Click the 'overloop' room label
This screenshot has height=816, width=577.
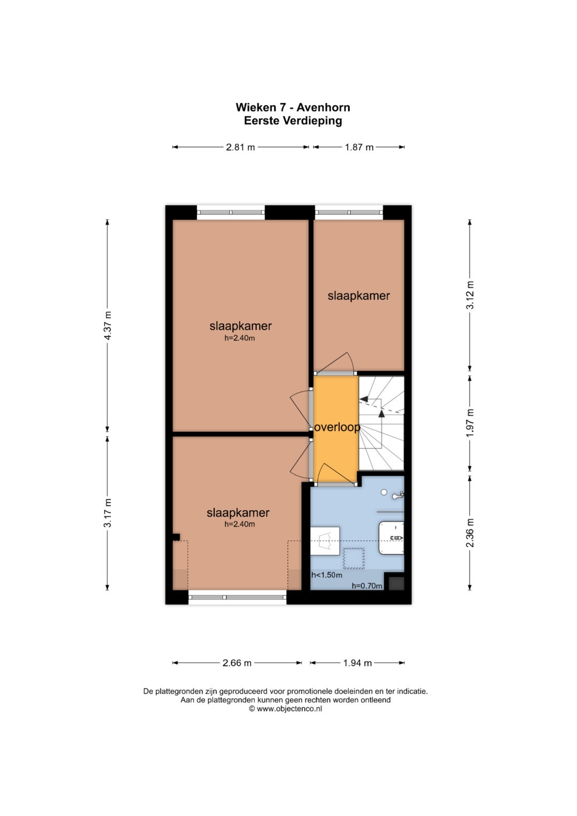(x=337, y=428)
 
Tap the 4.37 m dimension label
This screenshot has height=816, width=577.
(x=107, y=325)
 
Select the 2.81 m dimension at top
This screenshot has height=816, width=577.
(x=240, y=147)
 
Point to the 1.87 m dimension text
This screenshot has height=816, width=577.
(x=359, y=147)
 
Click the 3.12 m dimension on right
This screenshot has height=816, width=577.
(x=470, y=295)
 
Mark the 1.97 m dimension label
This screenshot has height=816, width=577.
(x=470, y=423)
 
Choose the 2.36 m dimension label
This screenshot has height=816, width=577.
(x=470, y=533)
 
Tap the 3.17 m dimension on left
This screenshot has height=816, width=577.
(x=107, y=513)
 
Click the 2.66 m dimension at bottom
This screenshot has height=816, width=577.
(x=237, y=663)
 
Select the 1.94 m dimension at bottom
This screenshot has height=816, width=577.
(x=357, y=663)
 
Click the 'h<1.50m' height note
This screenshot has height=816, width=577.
(x=326, y=576)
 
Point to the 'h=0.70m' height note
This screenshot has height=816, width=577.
(x=367, y=586)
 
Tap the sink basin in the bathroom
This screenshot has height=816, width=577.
(x=392, y=538)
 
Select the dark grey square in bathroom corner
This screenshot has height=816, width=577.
(x=396, y=582)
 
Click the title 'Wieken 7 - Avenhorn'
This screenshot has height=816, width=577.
(x=293, y=107)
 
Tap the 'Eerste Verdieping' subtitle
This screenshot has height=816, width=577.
(x=293, y=121)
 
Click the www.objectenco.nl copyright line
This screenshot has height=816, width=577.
(x=285, y=709)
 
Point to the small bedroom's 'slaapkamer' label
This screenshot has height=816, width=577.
(x=358, y=296)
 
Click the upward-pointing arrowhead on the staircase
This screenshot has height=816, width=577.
(x=381, y=413)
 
